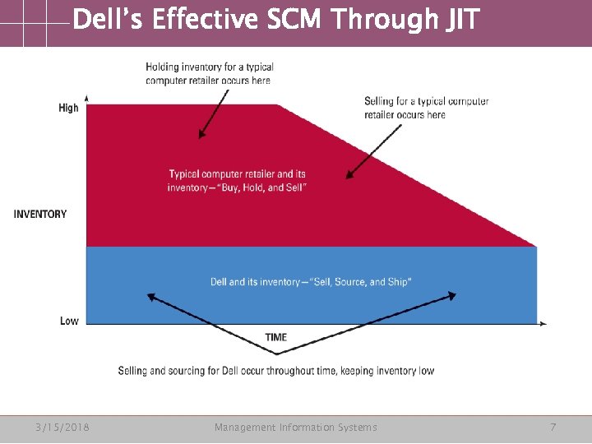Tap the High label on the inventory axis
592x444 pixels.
click(69, 108)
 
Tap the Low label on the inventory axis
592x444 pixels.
click(70, 321)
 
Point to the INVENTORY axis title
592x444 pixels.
click(40, 215)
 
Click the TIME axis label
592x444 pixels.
click(276, 337)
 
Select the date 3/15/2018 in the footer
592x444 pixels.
click(62, 428)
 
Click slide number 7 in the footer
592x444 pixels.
click(553, 428)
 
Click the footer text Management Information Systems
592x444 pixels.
click(295, 428)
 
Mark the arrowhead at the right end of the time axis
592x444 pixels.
click(543, 324)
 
